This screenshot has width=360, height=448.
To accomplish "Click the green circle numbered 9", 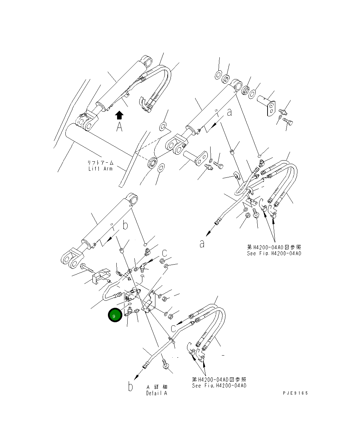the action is [115, 315].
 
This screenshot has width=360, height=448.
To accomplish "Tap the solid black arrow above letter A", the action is [119, 115].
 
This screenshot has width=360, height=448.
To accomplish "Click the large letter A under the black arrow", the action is [120, 126].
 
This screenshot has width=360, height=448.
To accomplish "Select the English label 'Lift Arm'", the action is [101, 168].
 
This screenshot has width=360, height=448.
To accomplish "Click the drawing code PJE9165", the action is [295, 393].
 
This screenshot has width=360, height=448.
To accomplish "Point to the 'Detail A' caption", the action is [157, 393].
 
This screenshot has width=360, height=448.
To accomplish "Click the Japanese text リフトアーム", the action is [101, 162].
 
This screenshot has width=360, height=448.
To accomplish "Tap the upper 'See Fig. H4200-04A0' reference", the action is [274, 253].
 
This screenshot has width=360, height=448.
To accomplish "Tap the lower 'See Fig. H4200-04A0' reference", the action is [219, 385].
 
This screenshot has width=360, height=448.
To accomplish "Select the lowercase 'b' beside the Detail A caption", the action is [130, 386].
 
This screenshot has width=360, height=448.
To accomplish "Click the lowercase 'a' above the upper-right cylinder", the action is [229, 112].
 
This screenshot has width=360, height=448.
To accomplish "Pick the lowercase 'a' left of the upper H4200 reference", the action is [202, 244].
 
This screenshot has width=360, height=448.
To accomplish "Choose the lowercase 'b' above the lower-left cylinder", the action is [125, 225].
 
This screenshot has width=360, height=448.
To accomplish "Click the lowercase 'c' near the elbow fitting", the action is [165, 253].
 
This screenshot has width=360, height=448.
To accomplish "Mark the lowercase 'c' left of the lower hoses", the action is [174, 329].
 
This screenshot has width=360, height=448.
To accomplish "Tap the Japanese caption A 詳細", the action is [157, 387].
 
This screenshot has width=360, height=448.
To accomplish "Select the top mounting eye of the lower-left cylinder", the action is [132, 199].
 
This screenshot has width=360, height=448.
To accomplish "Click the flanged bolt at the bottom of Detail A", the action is [165, 365].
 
